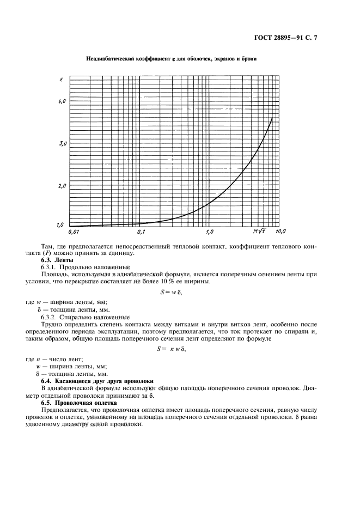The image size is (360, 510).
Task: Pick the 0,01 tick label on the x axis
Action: (74, 232)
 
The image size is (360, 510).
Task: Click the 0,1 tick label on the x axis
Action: (141, 232)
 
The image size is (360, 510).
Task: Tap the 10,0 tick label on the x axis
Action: (281, 232)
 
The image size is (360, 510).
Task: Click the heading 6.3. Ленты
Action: (54, 260)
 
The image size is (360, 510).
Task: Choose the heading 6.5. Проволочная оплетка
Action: (80, 402)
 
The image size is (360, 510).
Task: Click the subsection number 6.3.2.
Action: (51, 317)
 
